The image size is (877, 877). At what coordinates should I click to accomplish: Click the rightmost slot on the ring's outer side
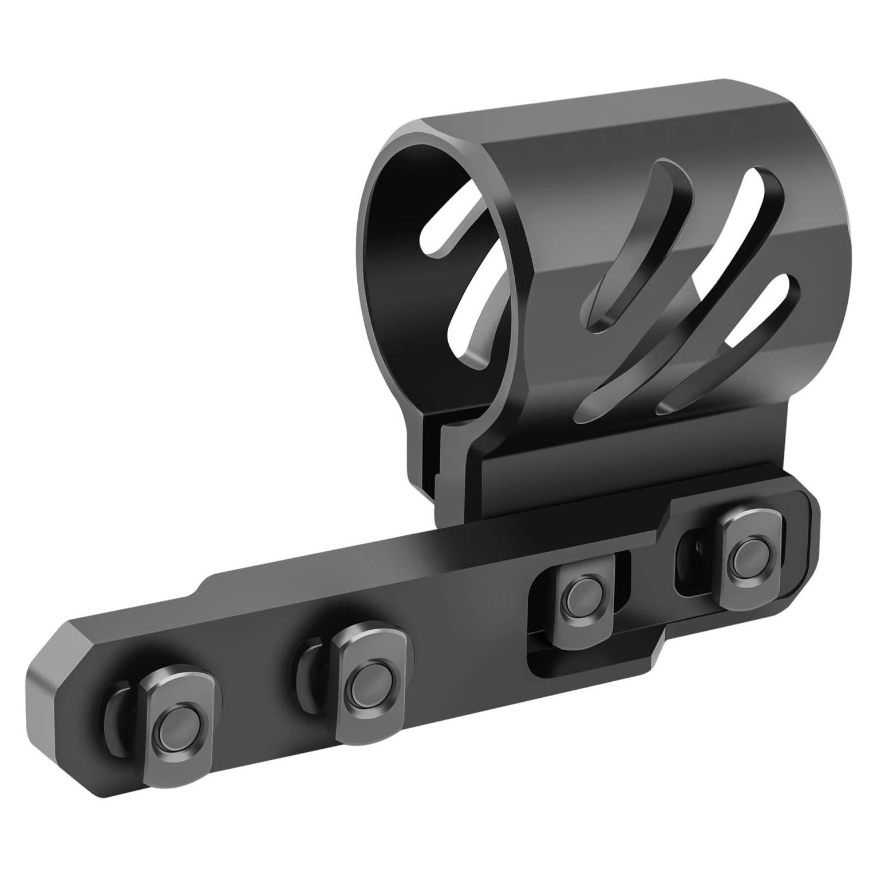tap(727, 343)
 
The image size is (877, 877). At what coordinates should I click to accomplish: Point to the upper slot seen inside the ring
tap(444, 229)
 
